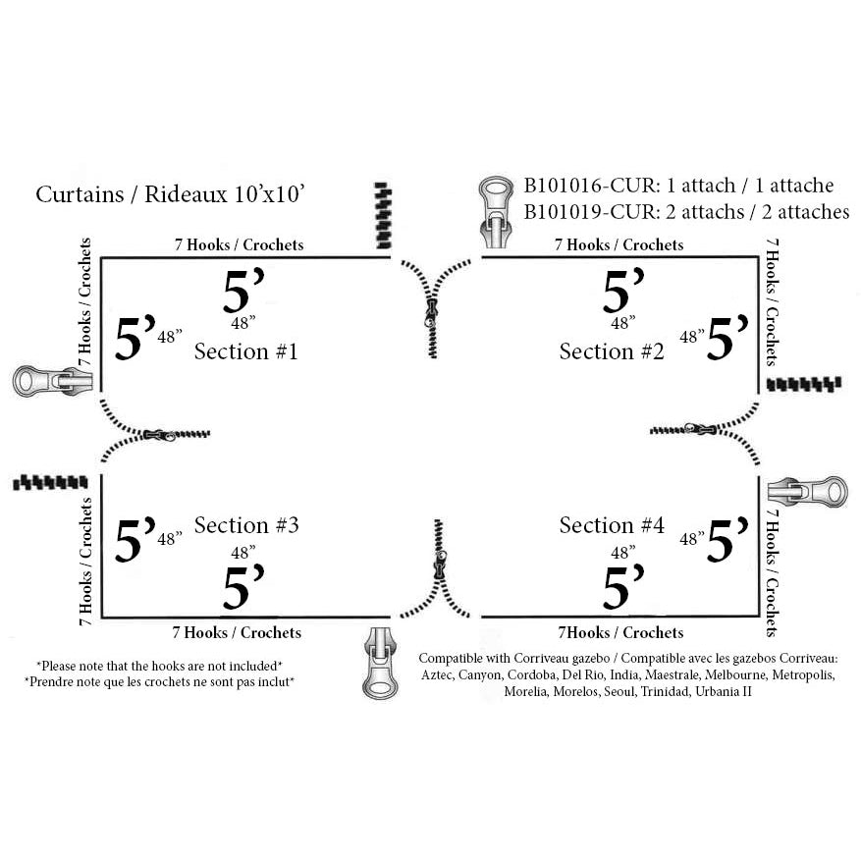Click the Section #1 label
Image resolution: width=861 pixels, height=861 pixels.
[x=245, y=350]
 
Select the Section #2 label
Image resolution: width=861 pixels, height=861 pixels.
[x=612, y=350]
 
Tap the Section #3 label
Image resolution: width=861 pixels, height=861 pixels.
[x=245, y=525]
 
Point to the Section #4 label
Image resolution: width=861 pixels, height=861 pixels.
[x=612, y=525]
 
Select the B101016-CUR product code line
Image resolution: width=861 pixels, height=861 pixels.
[x=678, y=186]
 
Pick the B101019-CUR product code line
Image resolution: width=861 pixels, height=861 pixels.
[x=685, y=211]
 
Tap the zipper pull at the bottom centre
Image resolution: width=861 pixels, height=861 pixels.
[x=379, y=664]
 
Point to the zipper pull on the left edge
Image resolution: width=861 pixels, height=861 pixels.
[x=45, y=380]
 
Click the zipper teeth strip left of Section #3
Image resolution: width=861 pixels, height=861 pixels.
[x=47, y=483]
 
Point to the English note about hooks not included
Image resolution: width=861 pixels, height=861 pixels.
[x=159, y=665]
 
